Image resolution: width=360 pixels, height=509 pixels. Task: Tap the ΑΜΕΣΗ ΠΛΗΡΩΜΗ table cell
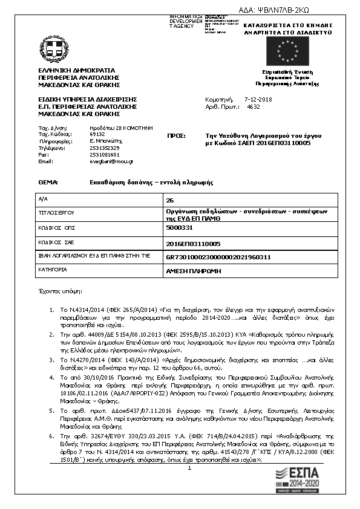[242, 271]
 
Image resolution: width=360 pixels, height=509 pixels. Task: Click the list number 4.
[51, 376]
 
